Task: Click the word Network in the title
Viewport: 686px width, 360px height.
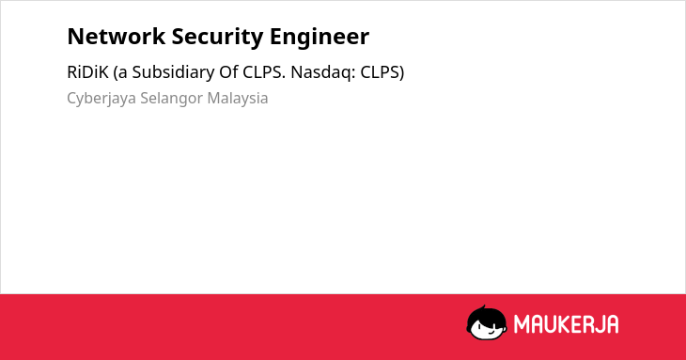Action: (116, 37)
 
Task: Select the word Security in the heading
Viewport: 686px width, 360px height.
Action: (217, 38)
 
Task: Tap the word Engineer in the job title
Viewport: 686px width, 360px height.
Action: (320, 38)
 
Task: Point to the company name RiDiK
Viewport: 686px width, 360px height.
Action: (87, 72)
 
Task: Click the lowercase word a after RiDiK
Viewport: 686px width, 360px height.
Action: (121, 72)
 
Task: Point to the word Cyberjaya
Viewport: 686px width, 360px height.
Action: (101, 99)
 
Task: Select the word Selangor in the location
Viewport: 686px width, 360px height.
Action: (171, 99)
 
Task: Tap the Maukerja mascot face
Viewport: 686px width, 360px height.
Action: (487, 323)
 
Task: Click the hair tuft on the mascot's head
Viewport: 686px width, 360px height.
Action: (483, 307)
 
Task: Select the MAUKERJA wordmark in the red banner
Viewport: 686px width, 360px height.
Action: (566, 324)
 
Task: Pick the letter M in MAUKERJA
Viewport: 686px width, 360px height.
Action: (522, 324)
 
